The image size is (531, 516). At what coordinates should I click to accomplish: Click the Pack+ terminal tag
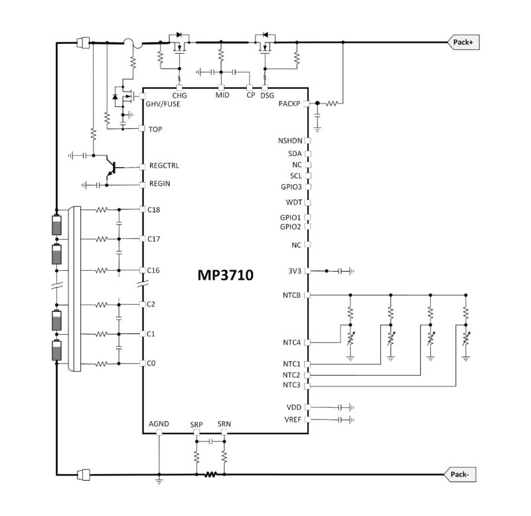pyautogui.click(x=463, y=42)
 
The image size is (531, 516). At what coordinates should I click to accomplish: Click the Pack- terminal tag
pyautogui.click(x=460, y=474)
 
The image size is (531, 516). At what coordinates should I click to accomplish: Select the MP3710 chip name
pyautogui.click(x=225, y=275)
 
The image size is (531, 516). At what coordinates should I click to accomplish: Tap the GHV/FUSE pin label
pyautogui.click(x=163, y=104)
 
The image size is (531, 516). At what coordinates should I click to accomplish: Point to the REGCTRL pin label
pyautogui.click(x=164, y=165)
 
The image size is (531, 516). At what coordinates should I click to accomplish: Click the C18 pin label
pyautogui.click(x=154, y=210)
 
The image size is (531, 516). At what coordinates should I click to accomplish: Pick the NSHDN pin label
pyautogui.click(x=290, y=141)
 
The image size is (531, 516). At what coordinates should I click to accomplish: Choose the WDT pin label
pyautogui.click(x=294, y=203)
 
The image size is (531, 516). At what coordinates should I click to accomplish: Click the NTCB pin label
pyautogui.click(x=291, y=295)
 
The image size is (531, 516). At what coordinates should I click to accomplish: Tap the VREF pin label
pyautogui.click(x=293, y=420)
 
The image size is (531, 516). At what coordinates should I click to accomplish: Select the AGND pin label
pyautogui.click(x=159, y=424)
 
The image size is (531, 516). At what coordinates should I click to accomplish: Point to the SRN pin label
pyautogui.click(x=224, y=424)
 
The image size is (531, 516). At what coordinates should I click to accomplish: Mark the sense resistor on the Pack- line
pyautogui.click(x=210, y=474)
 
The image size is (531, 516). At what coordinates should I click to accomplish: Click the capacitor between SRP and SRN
pyautogui.click(x=210, y=441)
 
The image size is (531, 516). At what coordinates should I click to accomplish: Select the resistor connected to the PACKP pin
pyautogui.click(x=331, y=104)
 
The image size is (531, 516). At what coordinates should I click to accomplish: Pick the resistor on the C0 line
pyautogui.click(x=102, y=364)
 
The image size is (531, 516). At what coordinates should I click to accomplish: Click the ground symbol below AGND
pyautogui.click(x=159, y=480)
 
